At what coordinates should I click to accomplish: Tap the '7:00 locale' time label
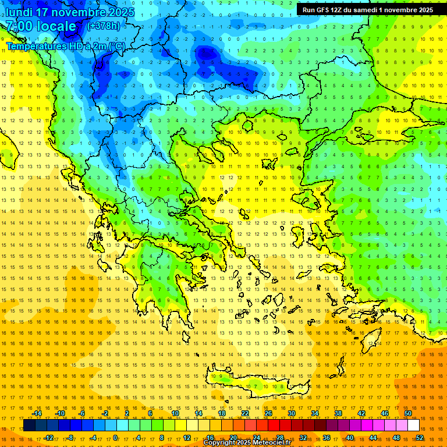coord(41,26)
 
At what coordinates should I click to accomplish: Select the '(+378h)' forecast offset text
coord(103,26)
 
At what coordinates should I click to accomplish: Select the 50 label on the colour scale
coord(408,413)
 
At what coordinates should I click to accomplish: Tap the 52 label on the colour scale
coord(420,438)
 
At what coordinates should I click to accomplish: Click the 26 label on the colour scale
coord(268,413)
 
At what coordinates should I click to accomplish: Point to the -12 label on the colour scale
coord(48,438)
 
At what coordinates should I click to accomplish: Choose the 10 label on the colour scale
coord(175,413)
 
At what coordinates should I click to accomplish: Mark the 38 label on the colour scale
coord(338,413)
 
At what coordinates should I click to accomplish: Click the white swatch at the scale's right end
coord(413,425)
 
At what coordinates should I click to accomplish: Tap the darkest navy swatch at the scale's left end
coord(29,425)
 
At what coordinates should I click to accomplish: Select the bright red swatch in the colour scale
coord(274,425)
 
